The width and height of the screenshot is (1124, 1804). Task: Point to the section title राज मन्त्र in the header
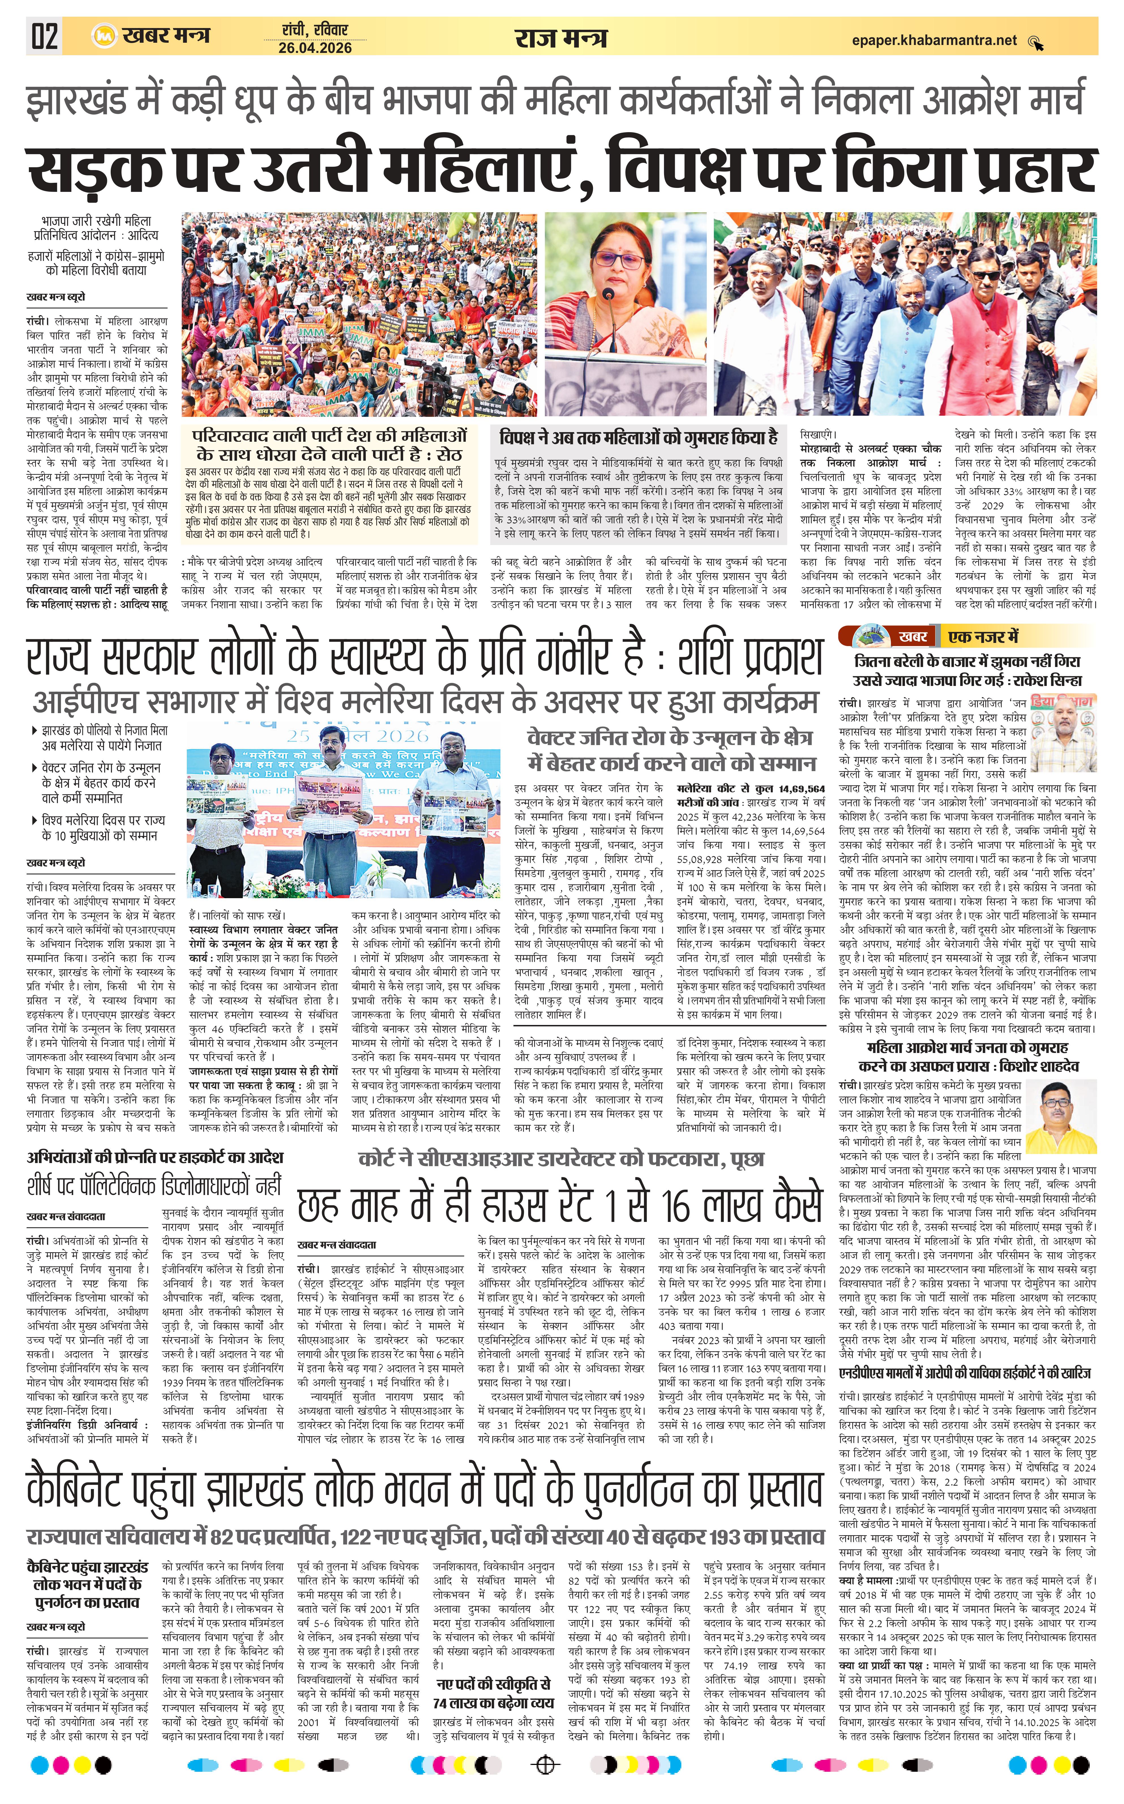tap(560, 37)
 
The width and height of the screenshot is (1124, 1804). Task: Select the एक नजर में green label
tap(983, 636)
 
